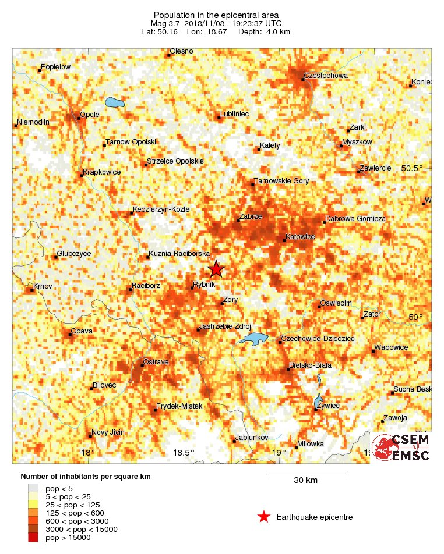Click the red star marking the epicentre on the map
coord(216,269)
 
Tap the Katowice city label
coord(301,237)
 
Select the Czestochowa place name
coord(326,76)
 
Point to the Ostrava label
coord(156,362)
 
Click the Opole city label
coord(90,115)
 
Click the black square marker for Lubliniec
coord(219,118)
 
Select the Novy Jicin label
coord(108,432)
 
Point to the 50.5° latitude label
coord(413,168)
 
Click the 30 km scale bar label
coord(305,481)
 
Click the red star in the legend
coord(263,516)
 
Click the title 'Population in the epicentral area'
coord(216,15)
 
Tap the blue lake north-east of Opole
coord(115,104)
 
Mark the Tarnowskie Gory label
coord(282,181)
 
